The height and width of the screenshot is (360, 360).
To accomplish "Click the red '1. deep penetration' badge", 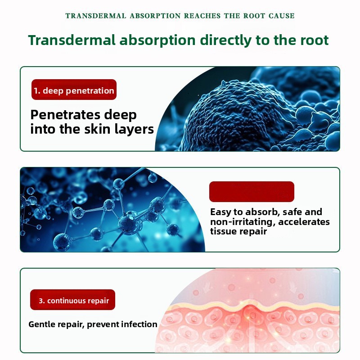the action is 74,90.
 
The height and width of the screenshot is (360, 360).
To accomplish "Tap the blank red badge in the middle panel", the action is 252,192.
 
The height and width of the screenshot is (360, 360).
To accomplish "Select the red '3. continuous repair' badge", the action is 72,300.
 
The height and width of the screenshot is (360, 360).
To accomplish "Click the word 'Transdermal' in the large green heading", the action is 72,40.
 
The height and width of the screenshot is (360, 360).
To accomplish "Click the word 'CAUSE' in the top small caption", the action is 282,16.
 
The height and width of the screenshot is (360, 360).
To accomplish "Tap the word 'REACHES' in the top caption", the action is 202,16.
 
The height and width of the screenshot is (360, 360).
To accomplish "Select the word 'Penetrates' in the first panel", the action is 65,115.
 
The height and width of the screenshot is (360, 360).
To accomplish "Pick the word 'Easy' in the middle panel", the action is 220,212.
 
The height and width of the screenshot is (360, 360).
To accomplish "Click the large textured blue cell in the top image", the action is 239,115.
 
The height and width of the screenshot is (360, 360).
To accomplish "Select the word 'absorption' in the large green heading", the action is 157,40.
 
